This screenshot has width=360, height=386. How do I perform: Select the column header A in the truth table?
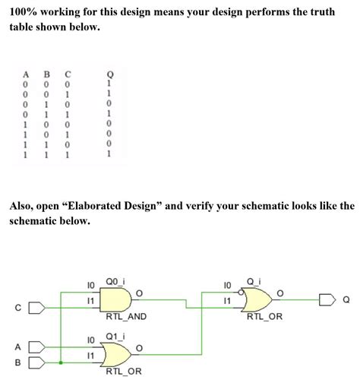point(26,74)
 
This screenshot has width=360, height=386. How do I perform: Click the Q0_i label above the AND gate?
point(115,280)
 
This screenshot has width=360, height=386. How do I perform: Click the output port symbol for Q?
point(327,298)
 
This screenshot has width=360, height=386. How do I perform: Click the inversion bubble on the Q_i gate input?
point(240,292)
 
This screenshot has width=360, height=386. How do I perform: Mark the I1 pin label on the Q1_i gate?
point(92,355)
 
